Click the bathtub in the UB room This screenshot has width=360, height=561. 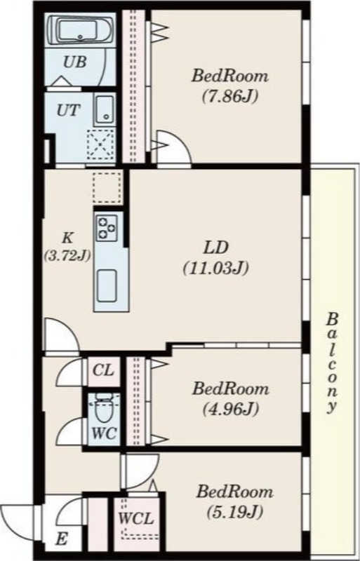tap(81, 31)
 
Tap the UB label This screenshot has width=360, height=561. tap(74, 62)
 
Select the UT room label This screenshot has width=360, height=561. tap(68, 110)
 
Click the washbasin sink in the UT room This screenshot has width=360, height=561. tap(105, 109)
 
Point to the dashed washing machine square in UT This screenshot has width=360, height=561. tap(101, 145)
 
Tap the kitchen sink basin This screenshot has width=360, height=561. tap(107, 285)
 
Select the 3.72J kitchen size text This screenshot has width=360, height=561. tap(67, 256)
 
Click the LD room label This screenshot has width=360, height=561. tap(216, 248)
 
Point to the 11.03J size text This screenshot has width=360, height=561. tap(216, 269)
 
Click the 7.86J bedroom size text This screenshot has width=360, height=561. tap(230, 97)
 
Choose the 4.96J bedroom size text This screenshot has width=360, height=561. tap(231, 409)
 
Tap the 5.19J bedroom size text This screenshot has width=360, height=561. tap(234, 513)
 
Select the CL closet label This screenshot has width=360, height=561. tap(103, 371)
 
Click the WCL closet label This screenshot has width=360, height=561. tap(136, 518)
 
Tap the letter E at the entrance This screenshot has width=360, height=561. tap(62, 539)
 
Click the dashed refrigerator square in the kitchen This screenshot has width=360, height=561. tap(107, 188)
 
